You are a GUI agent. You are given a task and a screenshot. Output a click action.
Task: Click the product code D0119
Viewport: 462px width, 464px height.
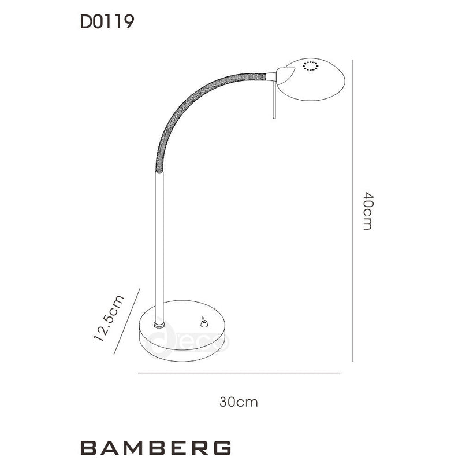(x=107, y=23)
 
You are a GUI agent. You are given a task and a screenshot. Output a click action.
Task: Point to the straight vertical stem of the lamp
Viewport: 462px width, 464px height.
(x=159, y=243)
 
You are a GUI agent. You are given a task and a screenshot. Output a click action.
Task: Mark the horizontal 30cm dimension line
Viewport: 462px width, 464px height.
(x=239, y=373)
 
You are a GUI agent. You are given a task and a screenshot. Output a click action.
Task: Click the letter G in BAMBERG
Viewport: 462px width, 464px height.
(x=222, y=448)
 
